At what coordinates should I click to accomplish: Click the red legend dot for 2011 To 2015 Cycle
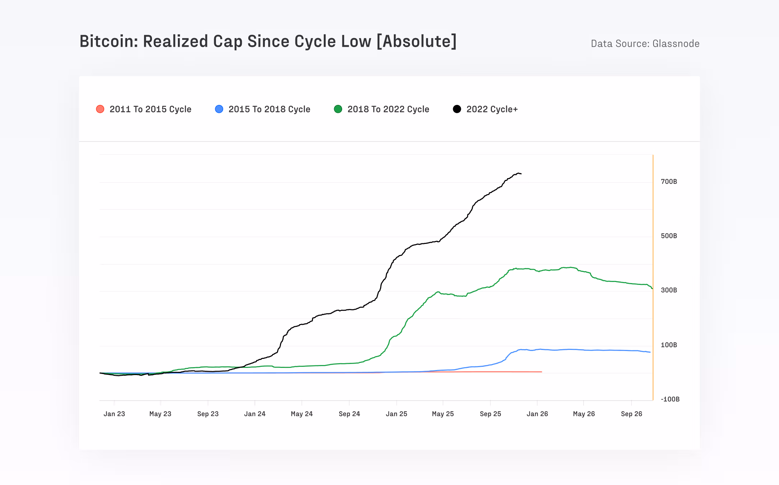click(x=100, y=109)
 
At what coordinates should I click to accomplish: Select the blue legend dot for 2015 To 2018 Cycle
click(x=219, y=109)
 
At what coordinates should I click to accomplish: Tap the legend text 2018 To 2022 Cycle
click(x=388, y=109)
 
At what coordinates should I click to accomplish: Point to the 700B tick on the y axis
click(x=669, y=181)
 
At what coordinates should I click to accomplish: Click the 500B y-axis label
click(x=669, y=236)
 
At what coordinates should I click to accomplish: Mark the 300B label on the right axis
click(x=669, y=290)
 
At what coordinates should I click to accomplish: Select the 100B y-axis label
click(x=669, y=345)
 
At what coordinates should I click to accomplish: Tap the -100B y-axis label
click(x=670, y=399)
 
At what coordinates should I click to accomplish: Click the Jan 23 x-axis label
click(x=114, y=414)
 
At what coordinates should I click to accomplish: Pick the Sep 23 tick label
click(x=208, y=414)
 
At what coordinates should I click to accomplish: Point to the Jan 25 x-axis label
click(x=396, y=414)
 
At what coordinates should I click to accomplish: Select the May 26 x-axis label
click(x=584, y=414)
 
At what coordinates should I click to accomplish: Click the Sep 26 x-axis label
click(x=631, y=414)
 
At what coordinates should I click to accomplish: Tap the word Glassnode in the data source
click(x=676, y=44)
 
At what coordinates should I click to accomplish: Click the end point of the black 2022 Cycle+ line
click(x=521, y=174)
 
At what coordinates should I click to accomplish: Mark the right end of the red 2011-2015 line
click(x=541, y=372)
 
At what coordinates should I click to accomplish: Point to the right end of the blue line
click(x=650, y=352)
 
